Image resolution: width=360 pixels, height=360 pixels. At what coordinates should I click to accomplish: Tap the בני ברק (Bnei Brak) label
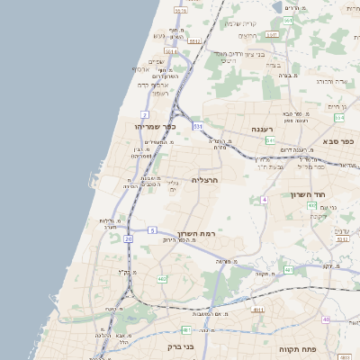(163, 346)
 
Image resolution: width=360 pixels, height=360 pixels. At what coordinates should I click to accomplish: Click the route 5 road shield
(153, 230)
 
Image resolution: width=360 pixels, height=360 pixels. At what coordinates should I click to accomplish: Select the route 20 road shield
(128, 239)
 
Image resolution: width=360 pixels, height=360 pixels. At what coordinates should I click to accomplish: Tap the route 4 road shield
(265, 199)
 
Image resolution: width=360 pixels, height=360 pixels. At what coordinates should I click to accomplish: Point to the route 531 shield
(196, 127)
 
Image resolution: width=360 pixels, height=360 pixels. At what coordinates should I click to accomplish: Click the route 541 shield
(270, 140)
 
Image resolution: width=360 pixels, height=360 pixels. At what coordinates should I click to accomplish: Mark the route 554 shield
(339, 117)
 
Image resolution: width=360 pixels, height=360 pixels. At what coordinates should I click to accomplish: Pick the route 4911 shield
(257, 309)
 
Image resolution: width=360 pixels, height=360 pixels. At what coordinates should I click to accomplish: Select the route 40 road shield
(326, 319)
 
